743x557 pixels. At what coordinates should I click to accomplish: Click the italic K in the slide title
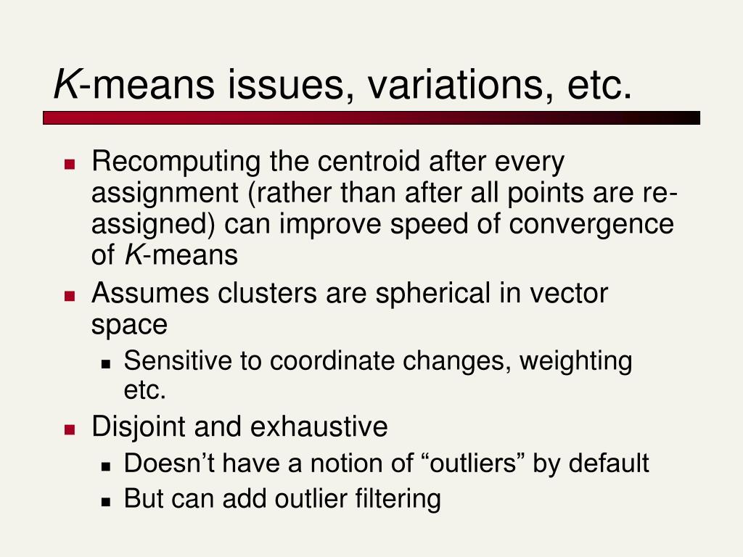pyautogui.click(x=66, y=84)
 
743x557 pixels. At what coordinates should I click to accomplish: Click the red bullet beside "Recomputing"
pyautogui.click(x=70, y=165)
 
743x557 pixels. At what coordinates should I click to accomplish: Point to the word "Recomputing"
pyautogui.click(x=176, y=162)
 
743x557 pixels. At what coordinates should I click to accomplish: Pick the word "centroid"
pyautogui.click(x=369, y=161)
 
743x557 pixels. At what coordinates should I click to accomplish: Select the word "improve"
pyautogui.click(x=330, y=225)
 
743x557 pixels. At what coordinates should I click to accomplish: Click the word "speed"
pyautogui.click(x=430, y=225)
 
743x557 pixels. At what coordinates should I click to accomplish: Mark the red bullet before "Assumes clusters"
pyautogui.click(x=70, y=296)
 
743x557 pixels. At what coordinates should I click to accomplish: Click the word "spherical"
pyautogui.click(x=432, y=294)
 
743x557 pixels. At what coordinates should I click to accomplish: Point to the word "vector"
pyautogui.click(x=569, y=294)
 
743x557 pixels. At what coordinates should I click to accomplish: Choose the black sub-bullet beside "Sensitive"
pyautogui.click(x=106, y=364)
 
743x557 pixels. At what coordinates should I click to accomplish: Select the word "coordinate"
pyautogui.click(x=332, y=361)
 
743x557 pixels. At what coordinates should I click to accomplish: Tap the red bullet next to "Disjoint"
pyautogui.click(x=70, y=429)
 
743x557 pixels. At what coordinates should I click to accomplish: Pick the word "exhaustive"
pyautogui.click(x=319, y=426)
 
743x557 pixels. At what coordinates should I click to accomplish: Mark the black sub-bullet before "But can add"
pyautogui.click(x=106, y=502)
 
